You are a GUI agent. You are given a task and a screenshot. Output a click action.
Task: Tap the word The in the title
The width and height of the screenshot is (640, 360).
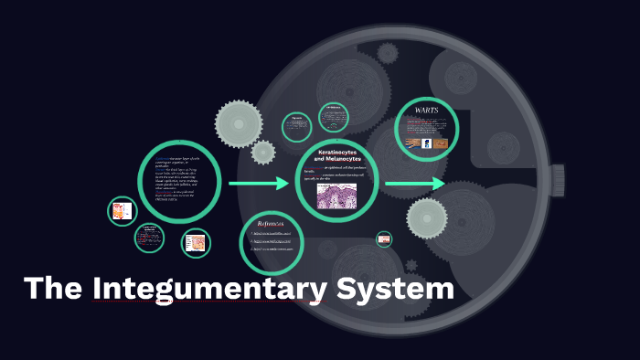click(x=54, y=289)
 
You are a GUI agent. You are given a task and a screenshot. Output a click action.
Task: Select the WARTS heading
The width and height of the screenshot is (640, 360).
click(x=426, y=111)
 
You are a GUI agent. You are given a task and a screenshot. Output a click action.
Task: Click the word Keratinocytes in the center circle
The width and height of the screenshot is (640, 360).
click(x=338, y=150)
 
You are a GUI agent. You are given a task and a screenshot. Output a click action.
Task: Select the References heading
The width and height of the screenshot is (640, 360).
click(x=272, y=222)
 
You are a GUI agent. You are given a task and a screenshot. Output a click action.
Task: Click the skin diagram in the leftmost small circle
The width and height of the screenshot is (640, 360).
click(x=121, y=213)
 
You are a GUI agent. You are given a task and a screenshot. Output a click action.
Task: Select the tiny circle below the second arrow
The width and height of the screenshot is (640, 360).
click(x=385, y=238)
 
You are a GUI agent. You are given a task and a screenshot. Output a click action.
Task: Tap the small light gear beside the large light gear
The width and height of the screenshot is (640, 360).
click(x=263, y=151)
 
